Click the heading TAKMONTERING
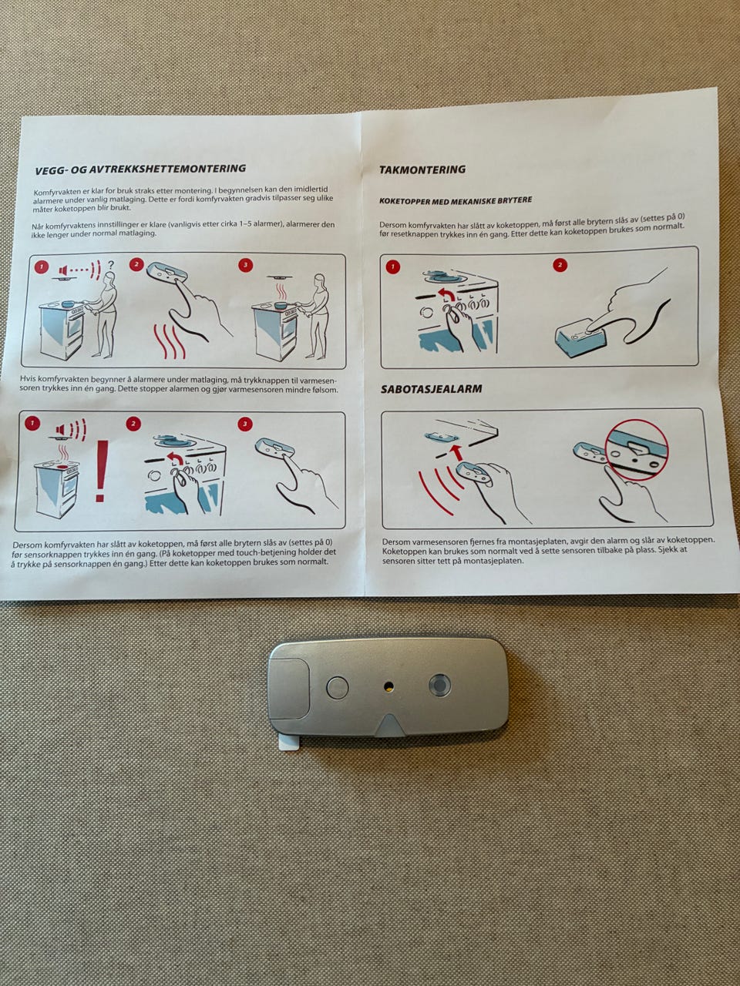tap(422, 169)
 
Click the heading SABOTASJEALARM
tap(432, 389)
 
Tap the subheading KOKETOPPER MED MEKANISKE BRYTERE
tap(456, 200)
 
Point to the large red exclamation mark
tap(101, 471)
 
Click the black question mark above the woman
tap(110, 264)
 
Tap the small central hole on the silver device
tap(388, 686)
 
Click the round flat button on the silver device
tap(337, 687)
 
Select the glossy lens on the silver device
tap(440, 685)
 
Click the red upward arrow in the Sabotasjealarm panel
tap(457, 452)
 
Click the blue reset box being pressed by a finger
tap(582, 340)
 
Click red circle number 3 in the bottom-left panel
tap(245, 423)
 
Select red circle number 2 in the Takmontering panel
tap(560, 265)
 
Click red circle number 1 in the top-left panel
tap(42, 267)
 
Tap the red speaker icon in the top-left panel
tap(63, 270)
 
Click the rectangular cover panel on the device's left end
tap(288, 686)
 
